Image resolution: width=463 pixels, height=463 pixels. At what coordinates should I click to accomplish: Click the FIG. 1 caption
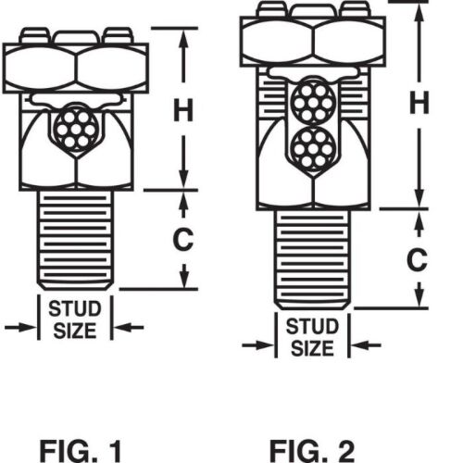tap(81, 451)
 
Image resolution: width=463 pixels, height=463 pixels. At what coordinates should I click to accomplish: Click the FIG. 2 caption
tap(312, 451)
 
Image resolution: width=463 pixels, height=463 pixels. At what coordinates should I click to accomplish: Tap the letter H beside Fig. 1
tap(183, 109)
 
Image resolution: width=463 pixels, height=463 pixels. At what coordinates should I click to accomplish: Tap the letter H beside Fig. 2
tap(419, 103)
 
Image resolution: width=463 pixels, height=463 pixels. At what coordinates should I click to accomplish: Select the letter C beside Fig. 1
tap(183, 239)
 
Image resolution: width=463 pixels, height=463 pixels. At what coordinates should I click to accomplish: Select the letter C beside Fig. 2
tap(417, 259)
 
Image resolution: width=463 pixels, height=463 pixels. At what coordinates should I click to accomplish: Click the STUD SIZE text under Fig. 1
tap(75, 319)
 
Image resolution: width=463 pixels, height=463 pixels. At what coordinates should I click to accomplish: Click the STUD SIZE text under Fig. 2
tap(312, 338)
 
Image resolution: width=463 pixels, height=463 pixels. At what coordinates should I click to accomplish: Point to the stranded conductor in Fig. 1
tap(76, 128)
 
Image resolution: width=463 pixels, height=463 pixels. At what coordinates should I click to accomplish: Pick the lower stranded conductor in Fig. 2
tap(314, 148)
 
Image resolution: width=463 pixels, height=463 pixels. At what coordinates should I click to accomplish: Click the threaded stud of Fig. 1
tap(75, 240)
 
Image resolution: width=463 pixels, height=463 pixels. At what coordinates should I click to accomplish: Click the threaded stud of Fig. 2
tap(312, 259)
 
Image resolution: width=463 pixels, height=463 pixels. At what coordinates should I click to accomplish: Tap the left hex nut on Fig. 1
tap(40, 69)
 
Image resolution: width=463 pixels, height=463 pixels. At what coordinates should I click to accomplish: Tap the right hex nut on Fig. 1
tap(112, 69)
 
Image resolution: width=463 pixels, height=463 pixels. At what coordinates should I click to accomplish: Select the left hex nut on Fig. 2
tap(277, 42)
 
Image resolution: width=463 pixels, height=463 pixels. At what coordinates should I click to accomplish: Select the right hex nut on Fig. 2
tap(349, 42)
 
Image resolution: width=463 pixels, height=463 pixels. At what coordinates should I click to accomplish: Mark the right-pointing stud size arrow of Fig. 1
tap(20, 328)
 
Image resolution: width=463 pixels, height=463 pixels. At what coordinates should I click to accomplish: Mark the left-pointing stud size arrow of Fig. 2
tap(367, 345)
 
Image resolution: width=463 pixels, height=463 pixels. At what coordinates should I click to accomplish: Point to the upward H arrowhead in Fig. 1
tap(183, 39)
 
